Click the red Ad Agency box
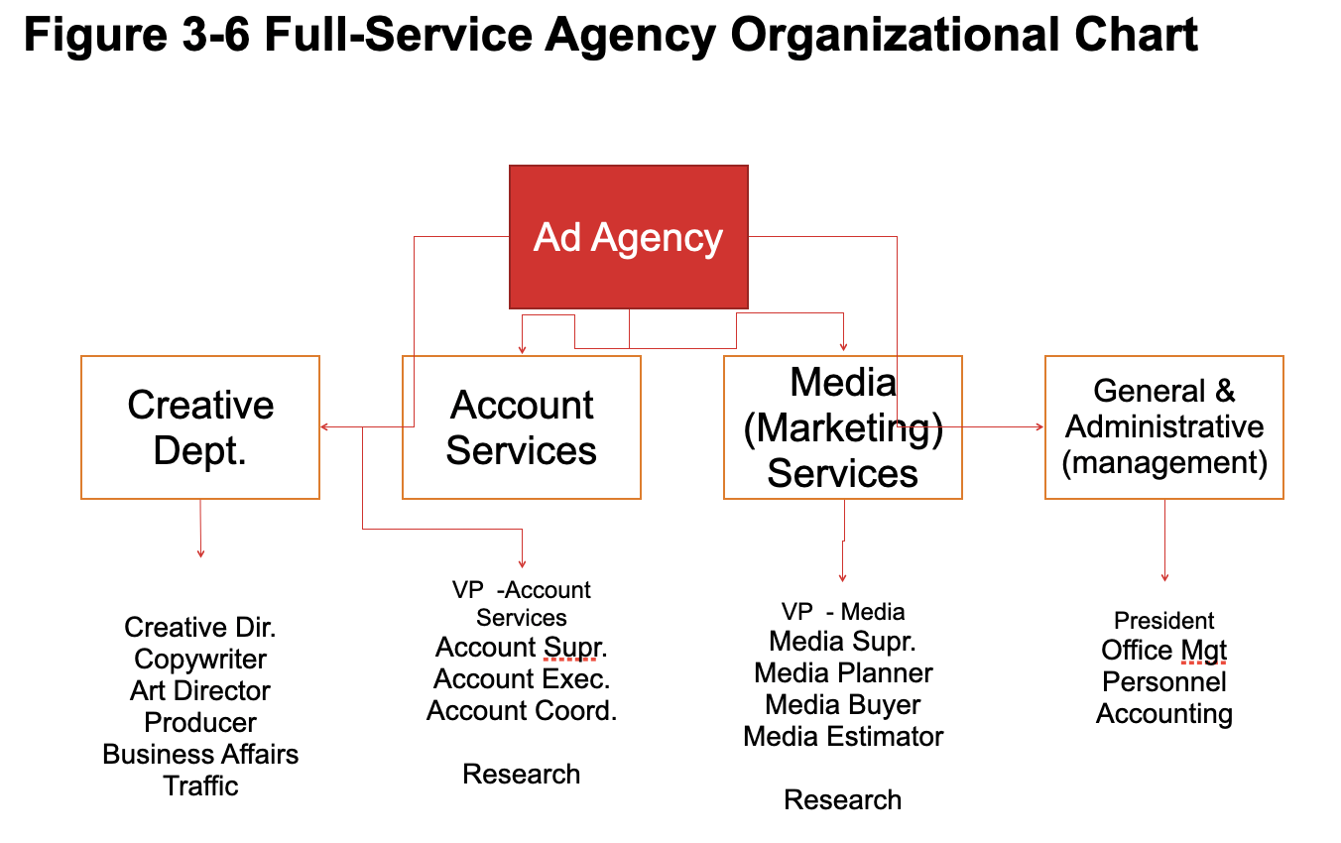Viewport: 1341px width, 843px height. click(x=628, y=237)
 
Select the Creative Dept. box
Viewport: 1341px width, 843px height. click(x=200, y=427)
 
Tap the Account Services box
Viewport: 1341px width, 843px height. click(x=522, y=427)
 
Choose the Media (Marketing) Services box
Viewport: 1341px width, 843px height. click(x=843, y=427)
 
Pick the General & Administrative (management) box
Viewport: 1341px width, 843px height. click(x=1164, y=427)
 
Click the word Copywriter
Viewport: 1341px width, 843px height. click(x=200, y=660)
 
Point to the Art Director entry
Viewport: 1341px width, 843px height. click(x=200, y=691)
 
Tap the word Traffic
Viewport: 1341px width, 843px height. click(x=200, y=786)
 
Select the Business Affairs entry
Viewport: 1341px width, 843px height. click(x=200, y=755)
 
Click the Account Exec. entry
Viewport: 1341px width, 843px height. click(x=522, y=679)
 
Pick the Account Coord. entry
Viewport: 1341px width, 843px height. click(x=522, y=711)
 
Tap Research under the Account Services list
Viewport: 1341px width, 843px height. click(x=522, y=775)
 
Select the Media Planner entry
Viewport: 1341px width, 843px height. click(x=843, y=673)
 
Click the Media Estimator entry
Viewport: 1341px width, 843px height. click(x=843, y=737)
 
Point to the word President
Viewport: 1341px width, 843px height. click(x=1164, y=621)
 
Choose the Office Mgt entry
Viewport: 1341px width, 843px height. click(x=1164, y=651)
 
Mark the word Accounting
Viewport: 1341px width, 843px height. click(x=1164, y=714)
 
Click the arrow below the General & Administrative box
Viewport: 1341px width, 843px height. click(x=1164, y=542)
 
